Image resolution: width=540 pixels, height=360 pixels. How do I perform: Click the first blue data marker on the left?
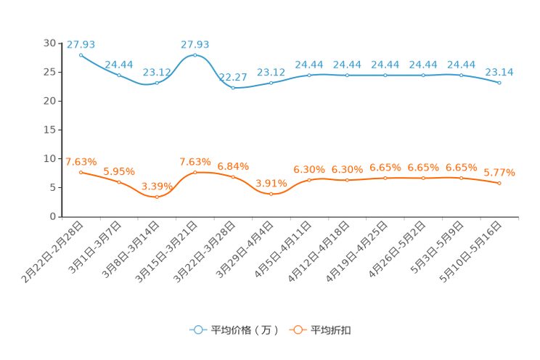[81, 54]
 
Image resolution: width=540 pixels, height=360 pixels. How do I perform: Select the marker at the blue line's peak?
[195, 54]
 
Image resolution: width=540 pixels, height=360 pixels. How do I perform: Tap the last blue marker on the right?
[499, 83]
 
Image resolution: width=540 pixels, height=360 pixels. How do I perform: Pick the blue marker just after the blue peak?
[233, 87]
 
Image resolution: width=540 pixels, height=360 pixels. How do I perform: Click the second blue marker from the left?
[119, 75]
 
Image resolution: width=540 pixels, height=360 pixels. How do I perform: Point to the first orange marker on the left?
[81, 172]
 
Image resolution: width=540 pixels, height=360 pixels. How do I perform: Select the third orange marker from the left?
[157, 197]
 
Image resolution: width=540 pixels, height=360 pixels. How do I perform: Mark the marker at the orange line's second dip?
[271, 194]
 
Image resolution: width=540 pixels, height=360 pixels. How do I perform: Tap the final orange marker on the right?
[499, 184]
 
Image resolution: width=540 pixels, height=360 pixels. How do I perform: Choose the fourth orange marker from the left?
[195, 172]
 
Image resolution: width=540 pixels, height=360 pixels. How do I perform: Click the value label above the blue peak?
[195, 44]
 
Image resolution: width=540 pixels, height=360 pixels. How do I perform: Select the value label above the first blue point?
[81, 44]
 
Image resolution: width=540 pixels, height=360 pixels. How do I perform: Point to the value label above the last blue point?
[499, 71]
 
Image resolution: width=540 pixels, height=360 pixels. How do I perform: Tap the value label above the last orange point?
[499, 173]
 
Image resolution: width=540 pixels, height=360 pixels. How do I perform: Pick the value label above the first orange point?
[81, 160]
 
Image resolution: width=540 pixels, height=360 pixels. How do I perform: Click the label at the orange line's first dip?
[157, 186]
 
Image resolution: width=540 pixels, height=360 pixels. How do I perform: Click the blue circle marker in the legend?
[197, 330]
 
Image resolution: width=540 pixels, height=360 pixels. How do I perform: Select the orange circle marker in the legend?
[298, 330]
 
